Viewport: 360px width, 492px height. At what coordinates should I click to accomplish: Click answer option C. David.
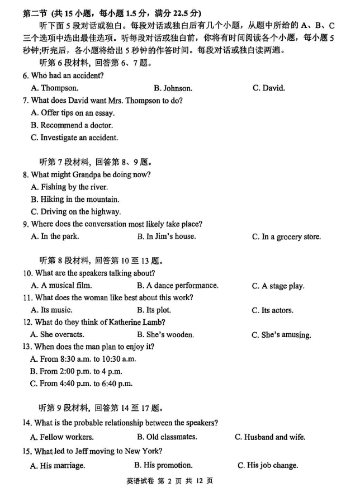click(x=268, y=88)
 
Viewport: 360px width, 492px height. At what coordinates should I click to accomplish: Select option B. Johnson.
click(x=173, y=88)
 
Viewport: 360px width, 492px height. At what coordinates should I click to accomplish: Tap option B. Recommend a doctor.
click(x=72, y=125)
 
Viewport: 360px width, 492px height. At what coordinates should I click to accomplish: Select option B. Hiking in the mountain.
click(x=75, y=199)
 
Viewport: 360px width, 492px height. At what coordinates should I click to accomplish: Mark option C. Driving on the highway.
click(x=76, y=211)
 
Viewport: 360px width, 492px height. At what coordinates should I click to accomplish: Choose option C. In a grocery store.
click(x=286, y=236)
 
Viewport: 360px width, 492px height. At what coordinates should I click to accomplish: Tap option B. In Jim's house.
click(x=166, y=236)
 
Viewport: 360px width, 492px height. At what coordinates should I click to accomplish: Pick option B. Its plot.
click(x=154, y=310)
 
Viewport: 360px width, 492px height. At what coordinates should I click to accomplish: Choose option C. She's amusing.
click(x=281, y=335)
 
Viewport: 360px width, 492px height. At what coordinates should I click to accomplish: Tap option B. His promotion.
click(x=163, y=465)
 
